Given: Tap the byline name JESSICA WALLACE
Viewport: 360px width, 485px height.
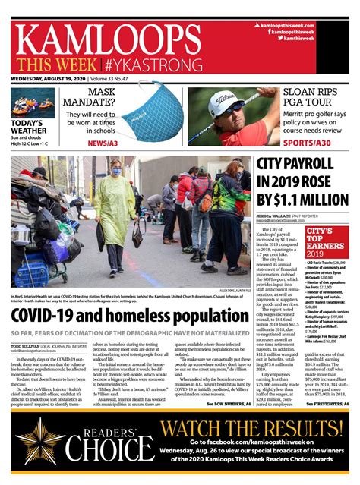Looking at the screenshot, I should [x=276, y=216].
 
